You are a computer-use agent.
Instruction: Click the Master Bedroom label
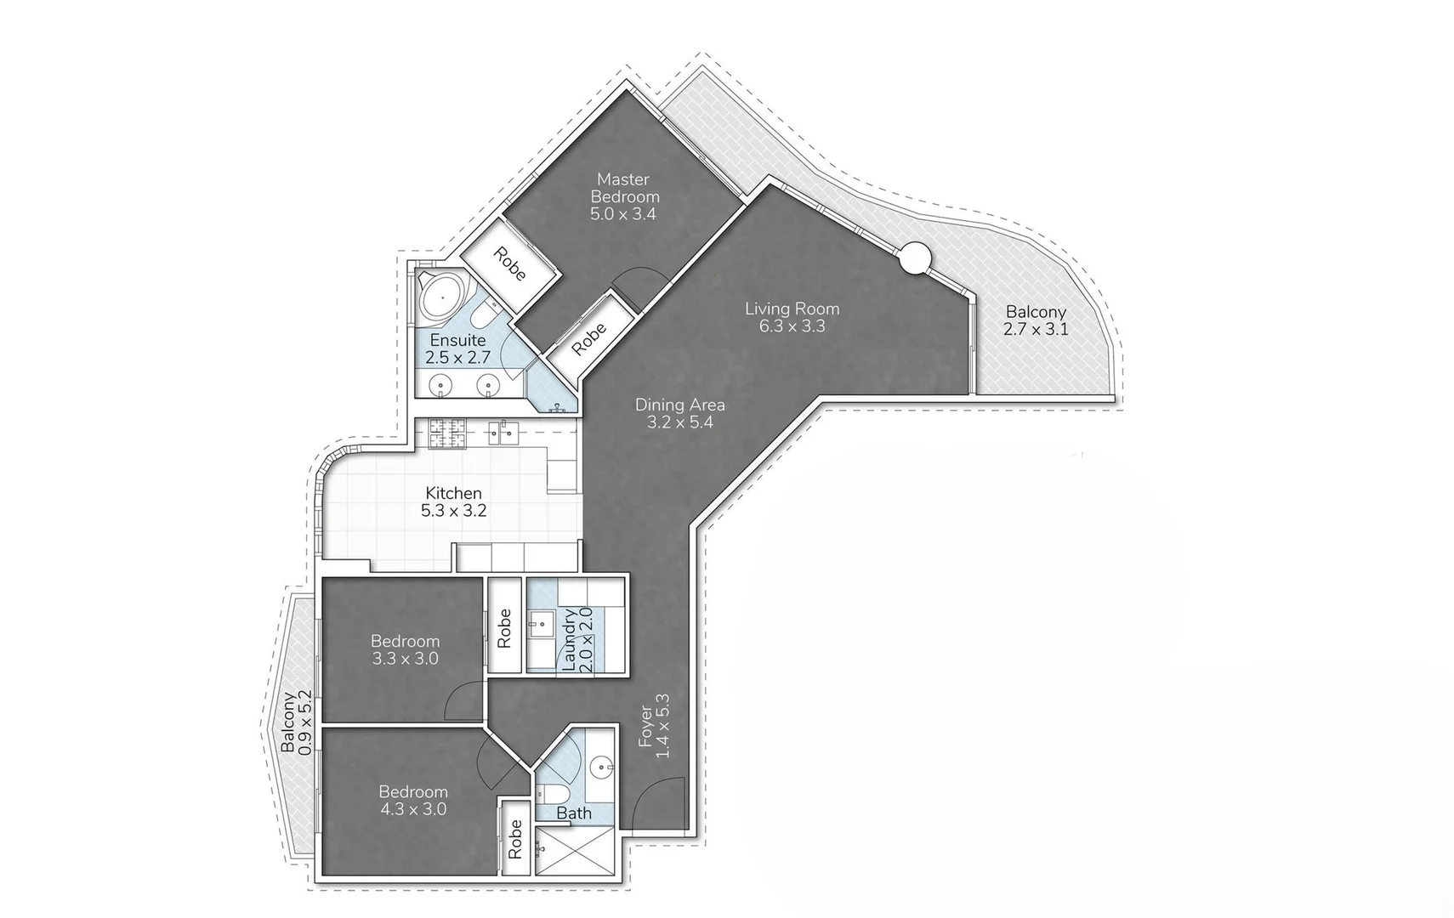coord(624,196)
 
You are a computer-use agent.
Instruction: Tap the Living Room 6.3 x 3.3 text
coord(792,317)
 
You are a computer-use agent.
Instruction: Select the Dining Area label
coord(679,413)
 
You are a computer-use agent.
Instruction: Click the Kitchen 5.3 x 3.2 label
coord(454,501)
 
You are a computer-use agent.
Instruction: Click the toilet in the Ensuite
coord(484,315)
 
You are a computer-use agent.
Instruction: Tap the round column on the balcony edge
coord(917,257)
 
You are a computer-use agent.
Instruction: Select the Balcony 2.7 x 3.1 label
coord(1035,320)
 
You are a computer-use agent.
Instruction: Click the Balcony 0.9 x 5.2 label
coord(296,722)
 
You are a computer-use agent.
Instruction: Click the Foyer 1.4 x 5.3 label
coord(655,726)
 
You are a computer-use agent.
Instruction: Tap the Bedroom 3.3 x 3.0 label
coord(406,649)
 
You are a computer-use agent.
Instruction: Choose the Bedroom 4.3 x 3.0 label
coord(413,800)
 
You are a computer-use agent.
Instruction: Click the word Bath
coord(574,813)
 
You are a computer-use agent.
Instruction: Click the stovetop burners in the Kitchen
coord(447,433)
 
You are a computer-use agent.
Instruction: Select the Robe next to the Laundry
coord(503,627)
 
